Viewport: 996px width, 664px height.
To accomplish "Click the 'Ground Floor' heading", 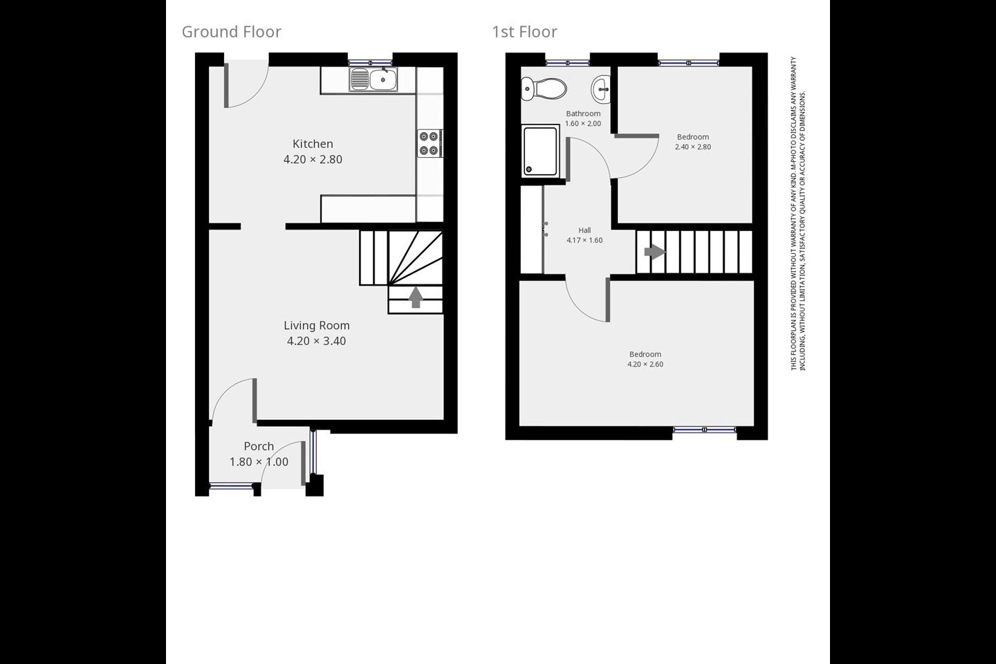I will click(231, 32).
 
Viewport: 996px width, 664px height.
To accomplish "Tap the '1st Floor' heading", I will click(524, 32).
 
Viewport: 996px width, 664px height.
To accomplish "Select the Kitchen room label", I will click(313, 144).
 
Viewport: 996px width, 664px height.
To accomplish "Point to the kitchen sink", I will click(373, 80).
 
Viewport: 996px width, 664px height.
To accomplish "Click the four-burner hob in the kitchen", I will click(429, 144).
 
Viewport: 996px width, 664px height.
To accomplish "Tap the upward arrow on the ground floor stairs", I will click(415, 297).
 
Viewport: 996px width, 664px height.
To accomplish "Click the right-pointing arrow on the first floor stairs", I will click(654, 252).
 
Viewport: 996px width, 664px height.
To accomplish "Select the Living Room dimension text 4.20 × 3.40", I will click(316, 341).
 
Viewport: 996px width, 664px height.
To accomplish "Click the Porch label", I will click(259, 447).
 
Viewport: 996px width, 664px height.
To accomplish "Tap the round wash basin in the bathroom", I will click(601, 89).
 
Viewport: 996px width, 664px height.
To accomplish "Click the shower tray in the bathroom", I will click(540, 150).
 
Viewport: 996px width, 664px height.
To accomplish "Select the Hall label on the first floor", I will click(584, 230).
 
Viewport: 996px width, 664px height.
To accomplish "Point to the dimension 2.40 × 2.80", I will click(692, 147).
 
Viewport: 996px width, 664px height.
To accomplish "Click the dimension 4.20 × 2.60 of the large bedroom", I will click(645, 365).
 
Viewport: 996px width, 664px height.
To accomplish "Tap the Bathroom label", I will click(583, 113).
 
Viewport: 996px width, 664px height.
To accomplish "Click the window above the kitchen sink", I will click(370, 63).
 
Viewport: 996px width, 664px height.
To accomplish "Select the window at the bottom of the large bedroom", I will click(704, 430).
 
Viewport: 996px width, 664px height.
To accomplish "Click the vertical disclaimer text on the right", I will click(798, 213).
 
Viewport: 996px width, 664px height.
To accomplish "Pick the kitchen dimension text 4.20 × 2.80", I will click(313, 160).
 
